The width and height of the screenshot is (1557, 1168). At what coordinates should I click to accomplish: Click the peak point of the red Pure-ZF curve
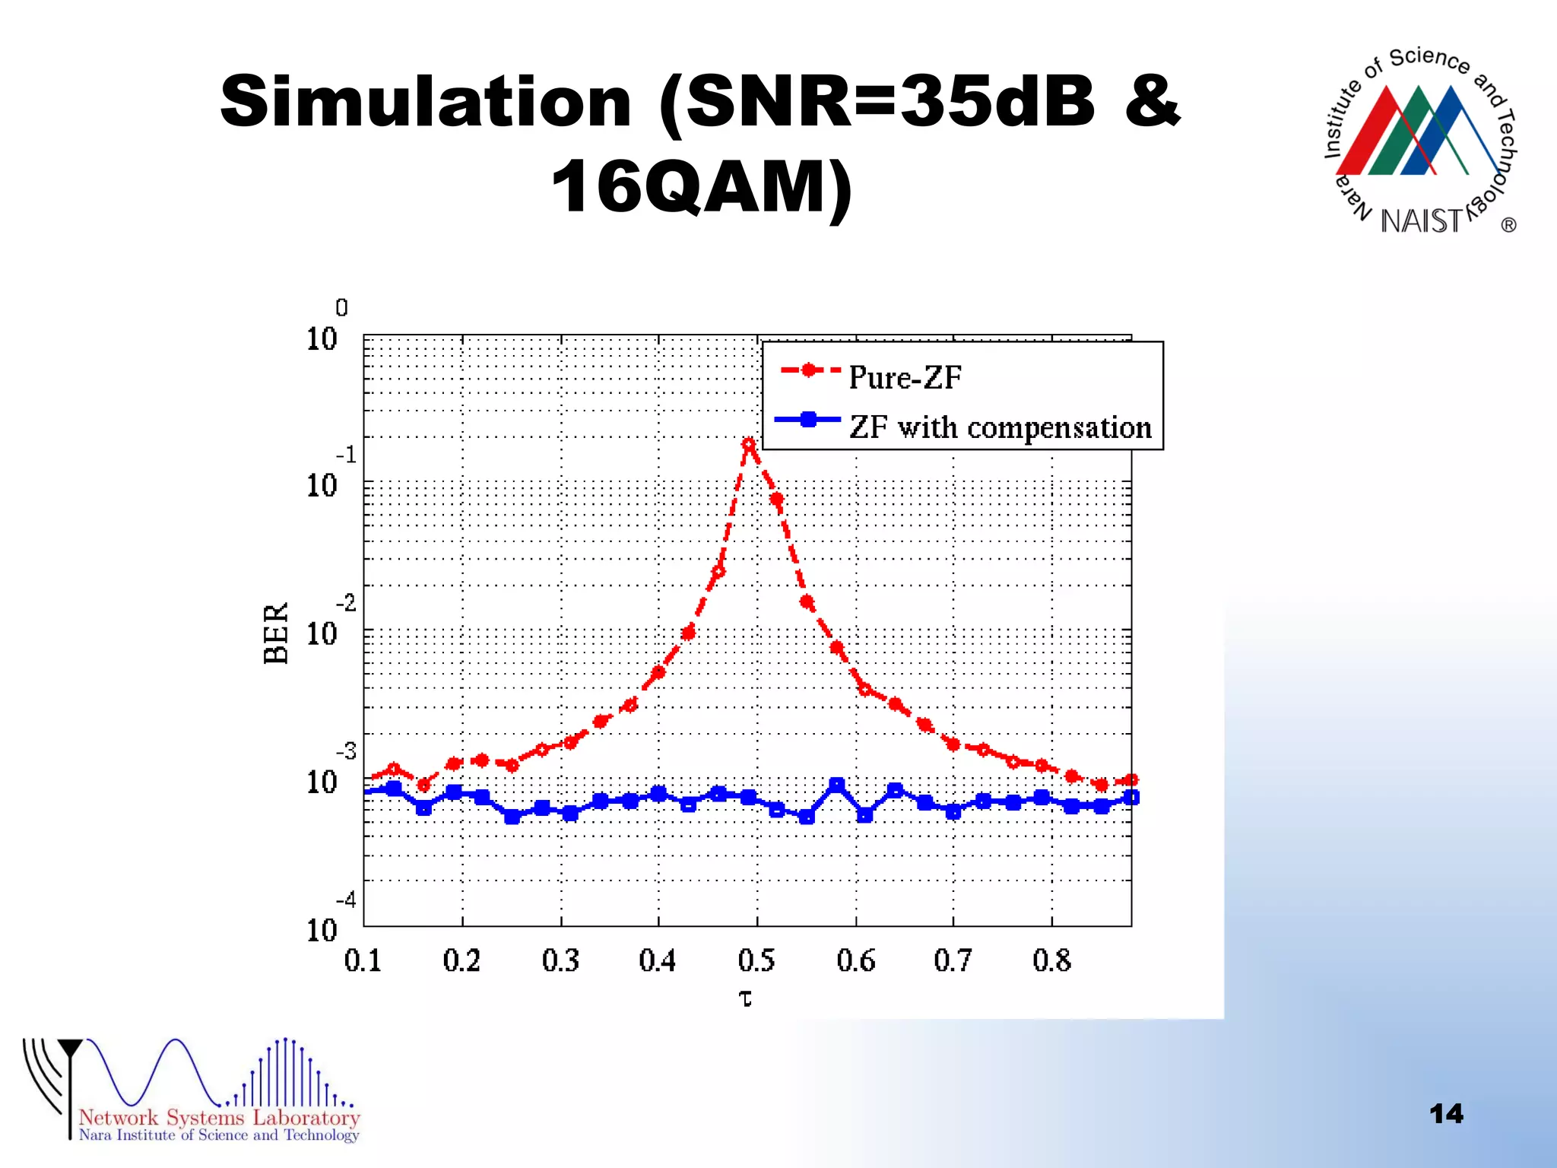749,444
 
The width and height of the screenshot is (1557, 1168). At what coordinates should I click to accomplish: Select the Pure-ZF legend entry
905,377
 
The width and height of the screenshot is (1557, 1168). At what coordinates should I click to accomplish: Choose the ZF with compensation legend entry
1000,427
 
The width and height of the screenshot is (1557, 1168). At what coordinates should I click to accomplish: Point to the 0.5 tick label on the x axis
756,960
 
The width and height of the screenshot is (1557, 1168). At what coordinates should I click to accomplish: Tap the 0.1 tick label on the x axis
363,960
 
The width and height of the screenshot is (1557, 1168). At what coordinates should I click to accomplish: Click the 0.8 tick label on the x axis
1052,960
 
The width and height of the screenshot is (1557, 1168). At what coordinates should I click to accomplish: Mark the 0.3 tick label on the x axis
561,960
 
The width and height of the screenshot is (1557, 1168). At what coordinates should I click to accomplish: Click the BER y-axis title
276,633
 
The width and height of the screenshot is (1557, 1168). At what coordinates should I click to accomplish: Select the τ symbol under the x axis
746,998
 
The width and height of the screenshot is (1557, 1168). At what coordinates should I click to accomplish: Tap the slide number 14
1446,1114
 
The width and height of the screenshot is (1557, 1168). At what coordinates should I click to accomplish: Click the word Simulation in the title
426,103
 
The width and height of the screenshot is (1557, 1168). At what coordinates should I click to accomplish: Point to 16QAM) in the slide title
702,187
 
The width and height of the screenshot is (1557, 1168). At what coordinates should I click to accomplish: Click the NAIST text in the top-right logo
1421,221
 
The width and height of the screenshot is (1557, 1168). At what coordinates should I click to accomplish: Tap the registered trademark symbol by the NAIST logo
1509,225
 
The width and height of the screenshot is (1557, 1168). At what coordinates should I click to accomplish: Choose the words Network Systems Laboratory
219,1117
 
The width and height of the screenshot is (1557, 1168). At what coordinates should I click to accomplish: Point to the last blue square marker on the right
1131,797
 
